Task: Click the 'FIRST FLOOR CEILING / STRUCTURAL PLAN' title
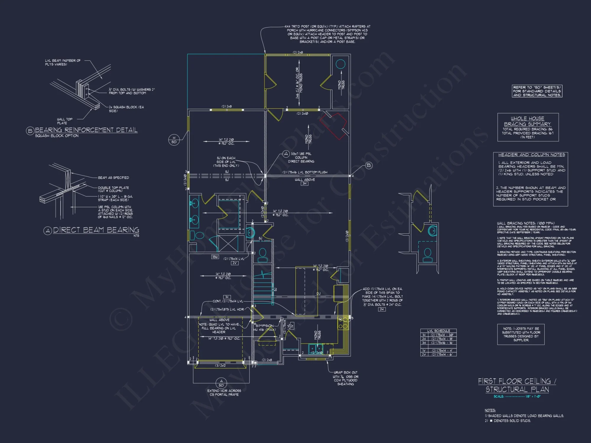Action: [x=517, y=385]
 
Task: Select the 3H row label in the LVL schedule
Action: [x=424, y=343]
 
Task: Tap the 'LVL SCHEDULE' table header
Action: [x=439, y=331]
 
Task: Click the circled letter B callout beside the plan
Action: [x=368, y=165]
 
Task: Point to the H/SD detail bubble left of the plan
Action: [x=174, y=140]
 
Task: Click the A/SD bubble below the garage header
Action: [x=221, y=383]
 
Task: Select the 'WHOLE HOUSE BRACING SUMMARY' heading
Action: [x=527, y=121]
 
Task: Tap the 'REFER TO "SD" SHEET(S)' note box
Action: [x=537, y=91]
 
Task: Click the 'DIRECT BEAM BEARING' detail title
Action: [x=96, y=230]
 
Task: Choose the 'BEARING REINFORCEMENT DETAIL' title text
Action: [x=86, y=130]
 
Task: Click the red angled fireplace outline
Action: [x=333, y=126]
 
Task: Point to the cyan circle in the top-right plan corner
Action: [x=340, y=64]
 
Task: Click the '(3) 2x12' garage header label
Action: [x=220, y=366]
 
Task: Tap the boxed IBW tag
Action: [x=215, y=257]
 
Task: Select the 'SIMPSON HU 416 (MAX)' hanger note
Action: [x=265, y=328]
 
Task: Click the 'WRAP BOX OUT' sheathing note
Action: [x=345, y=378]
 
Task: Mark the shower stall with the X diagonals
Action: [x=228, y=244]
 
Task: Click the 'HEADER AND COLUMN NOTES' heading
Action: [x=531, y=155]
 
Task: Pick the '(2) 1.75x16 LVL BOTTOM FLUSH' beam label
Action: [x=305, y=172]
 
